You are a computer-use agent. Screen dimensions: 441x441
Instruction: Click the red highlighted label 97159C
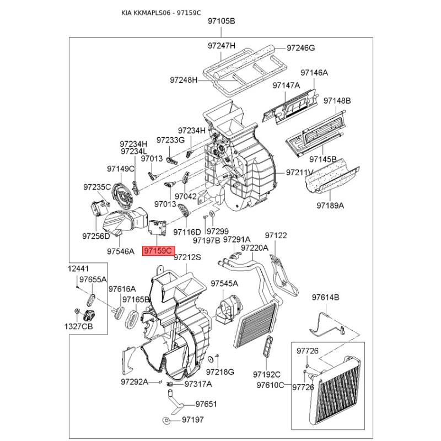pyautogui.click(x=158, y=251)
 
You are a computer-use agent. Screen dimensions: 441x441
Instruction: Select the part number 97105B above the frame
pyautogui.click(x=222, y=21)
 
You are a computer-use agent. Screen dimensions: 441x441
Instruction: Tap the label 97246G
pyautogui.click(x=300, y=48)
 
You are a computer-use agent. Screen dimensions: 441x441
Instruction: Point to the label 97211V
pyautogui.click(x=299, y=173)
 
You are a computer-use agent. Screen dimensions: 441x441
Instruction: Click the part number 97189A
pyautogui.click(x=330, y=206)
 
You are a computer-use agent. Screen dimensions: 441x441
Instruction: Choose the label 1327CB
pyautogui.click(x=78, y=326)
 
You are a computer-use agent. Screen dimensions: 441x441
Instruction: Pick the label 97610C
pyautogui.click(x=270, y=385)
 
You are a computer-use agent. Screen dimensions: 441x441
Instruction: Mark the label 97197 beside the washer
pyautogui.click(x=192, y=420)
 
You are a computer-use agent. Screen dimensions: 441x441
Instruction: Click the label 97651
pyautogui.click(x=206, y=404)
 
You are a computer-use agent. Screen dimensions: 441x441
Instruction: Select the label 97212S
pyautogui.click(x=187, y=257)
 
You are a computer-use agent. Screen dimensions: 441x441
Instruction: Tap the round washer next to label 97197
pyautogui.click(x=166, y=421)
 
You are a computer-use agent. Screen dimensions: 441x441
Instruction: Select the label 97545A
pyautogui.click(x=224, y=283)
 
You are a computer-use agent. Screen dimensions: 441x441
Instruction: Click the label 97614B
pyautogui.click(x=325, y=297)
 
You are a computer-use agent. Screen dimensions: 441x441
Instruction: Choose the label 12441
pyautogui.click(x=78, y=268)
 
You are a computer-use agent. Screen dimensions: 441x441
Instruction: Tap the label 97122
pyautogui.click(x=276, y=235)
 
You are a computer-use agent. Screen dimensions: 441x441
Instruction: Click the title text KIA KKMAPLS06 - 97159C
pyautogui.click(x=161, y=13)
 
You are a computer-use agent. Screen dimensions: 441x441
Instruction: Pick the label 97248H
pyautogui.click(x=184, y=80)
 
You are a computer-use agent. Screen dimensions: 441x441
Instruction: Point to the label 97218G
pyautogui.click(x=220, y=372)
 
